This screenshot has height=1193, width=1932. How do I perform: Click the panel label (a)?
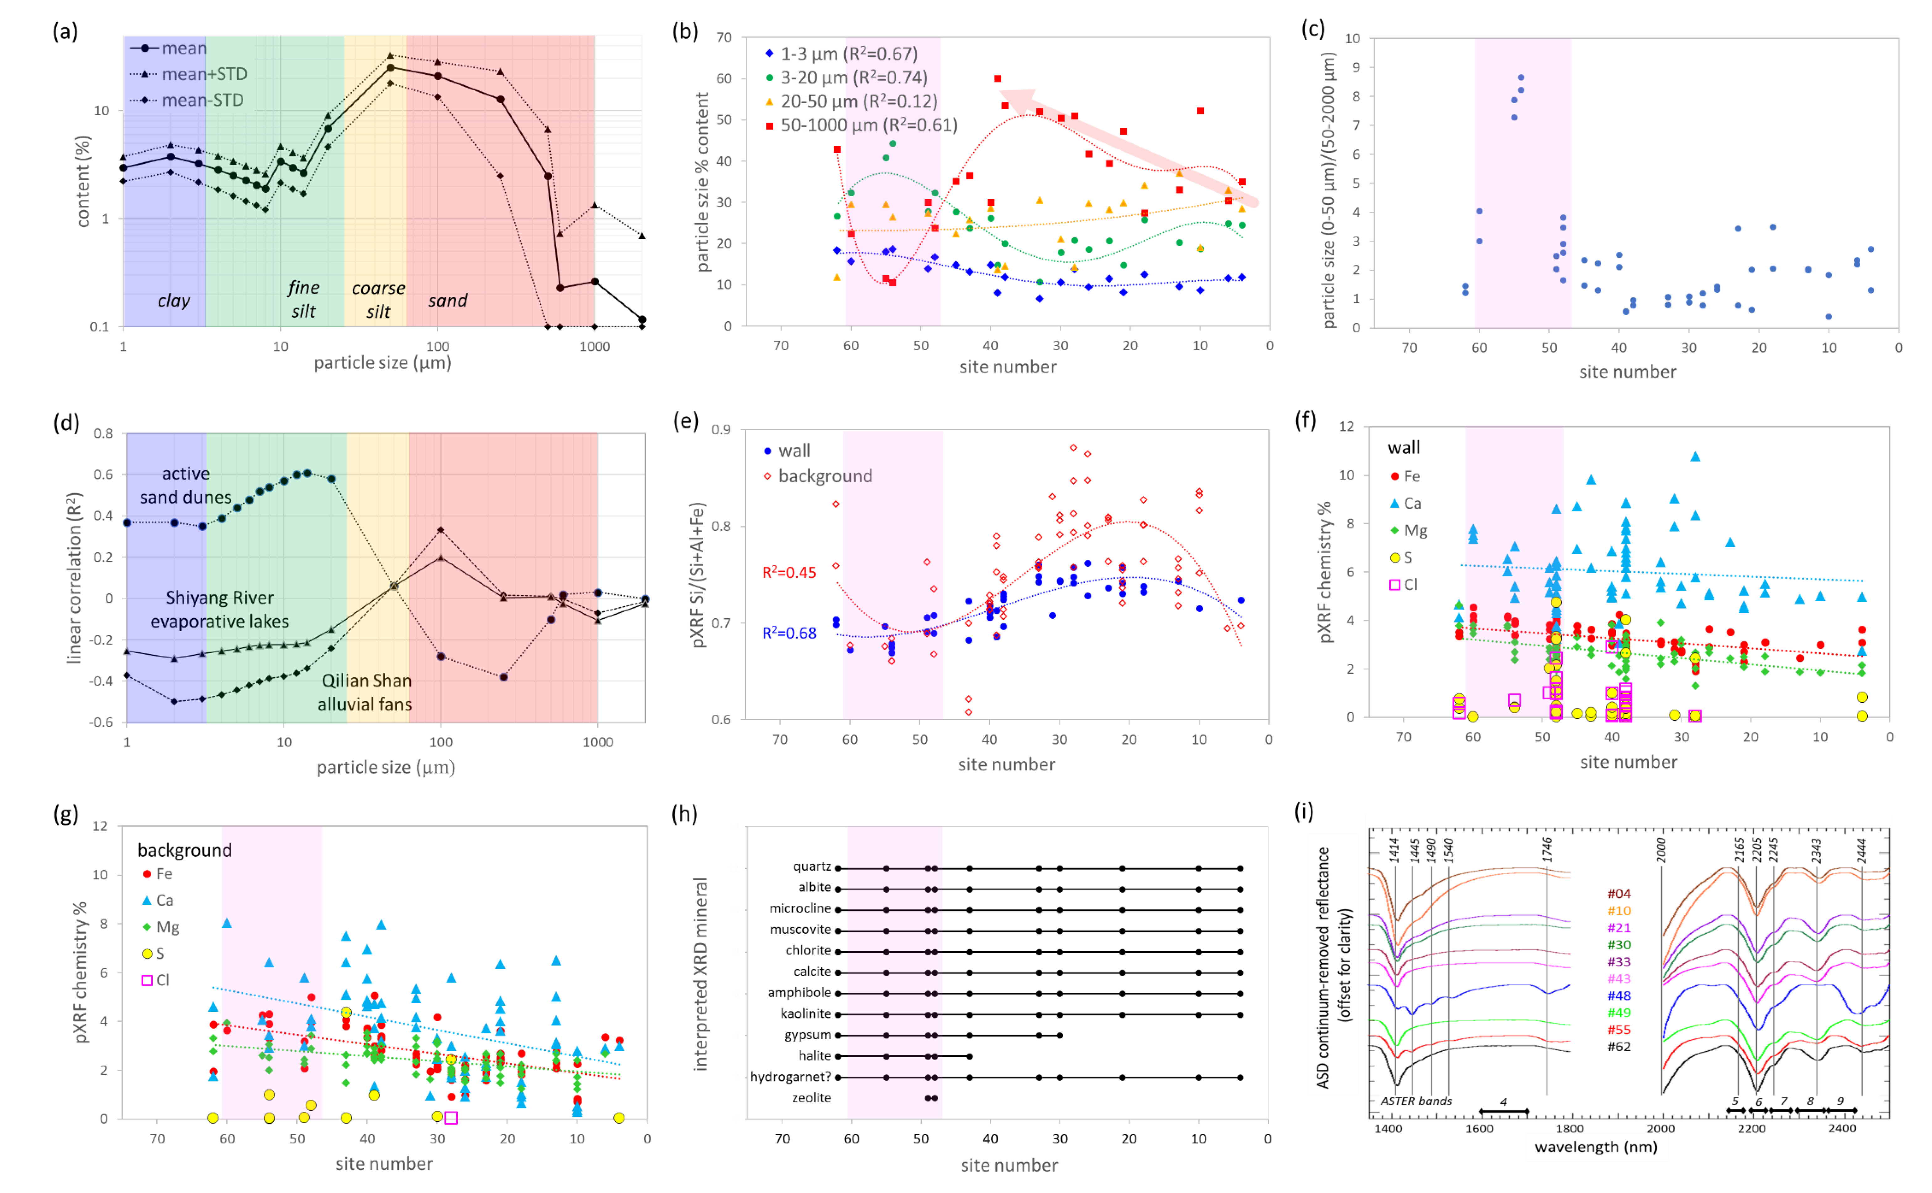[x=65, y=32]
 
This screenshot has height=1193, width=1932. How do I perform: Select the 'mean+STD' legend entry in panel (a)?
[x=203, y=74]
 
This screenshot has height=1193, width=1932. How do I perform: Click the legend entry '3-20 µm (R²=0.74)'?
[x=853, y=77]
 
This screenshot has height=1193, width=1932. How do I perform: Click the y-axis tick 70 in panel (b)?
[x=723, y=37]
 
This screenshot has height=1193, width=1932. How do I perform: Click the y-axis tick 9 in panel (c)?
[x=1352, y=67]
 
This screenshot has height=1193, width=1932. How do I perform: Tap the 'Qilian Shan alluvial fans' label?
[x=365, y=692]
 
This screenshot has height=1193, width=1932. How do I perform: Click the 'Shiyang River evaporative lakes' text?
[x=219, y=609]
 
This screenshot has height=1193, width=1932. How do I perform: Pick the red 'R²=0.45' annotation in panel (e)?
[x=789, y=573]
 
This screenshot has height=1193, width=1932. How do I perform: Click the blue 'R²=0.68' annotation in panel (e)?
[x=789, y=633]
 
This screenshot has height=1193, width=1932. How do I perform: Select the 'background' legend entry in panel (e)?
[x=824, y=476]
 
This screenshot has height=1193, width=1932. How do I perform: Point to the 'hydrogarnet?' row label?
[x=790, y=1077]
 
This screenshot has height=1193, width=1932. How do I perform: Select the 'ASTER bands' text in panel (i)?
[x=1415, y=1101]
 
